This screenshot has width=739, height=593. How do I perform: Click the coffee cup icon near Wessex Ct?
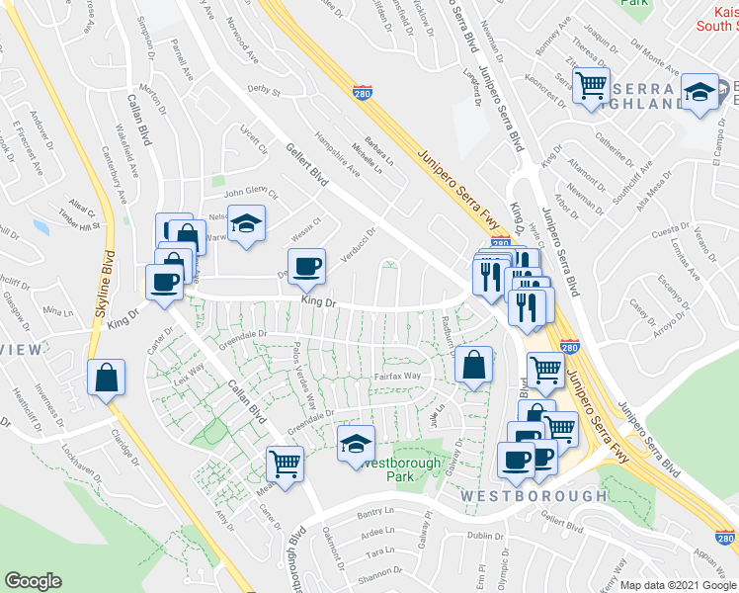[306, 265]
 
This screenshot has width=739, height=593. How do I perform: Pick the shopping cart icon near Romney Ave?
[591, 85]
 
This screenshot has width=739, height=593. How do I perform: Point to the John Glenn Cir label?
[251, 194]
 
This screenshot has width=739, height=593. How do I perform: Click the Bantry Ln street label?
[375, 513]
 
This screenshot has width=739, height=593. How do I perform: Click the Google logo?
[34, 581]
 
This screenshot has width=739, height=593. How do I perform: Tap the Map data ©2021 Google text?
[678, 585]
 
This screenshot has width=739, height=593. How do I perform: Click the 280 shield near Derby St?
[363, 91]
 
